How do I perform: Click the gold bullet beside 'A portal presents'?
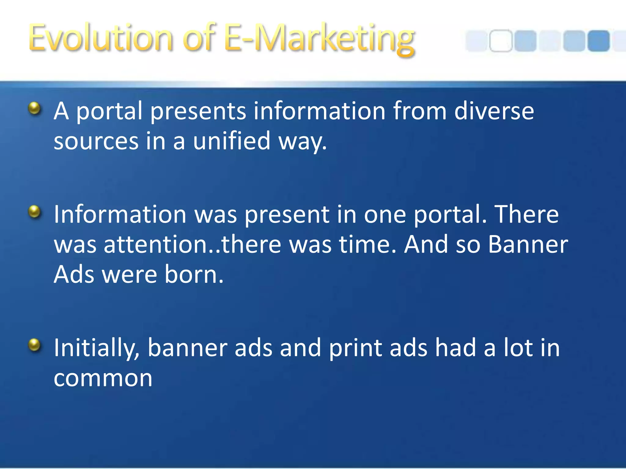click(35, 108)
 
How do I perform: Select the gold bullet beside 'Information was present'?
click(35, 211)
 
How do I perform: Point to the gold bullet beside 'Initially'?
click(35, 345)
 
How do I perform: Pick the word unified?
click(232, 141)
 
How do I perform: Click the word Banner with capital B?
click(528, 244)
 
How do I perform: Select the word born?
click(194, 274)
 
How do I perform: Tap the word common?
click(103, 378)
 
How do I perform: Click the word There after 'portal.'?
click(526, 214)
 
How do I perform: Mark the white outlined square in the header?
click(500, 41)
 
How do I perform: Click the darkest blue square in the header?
click(598, 41)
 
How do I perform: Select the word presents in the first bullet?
click(198, 111)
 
